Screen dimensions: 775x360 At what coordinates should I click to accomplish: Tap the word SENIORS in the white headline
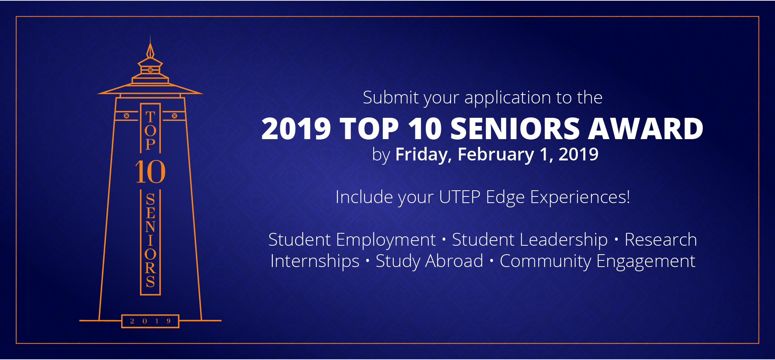[x=515, y=129]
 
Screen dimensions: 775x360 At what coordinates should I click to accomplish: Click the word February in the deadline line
[x=496, y=155]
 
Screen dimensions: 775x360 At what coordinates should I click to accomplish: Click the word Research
[x=661, y=239]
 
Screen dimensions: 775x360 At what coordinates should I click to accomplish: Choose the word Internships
[x=315, y=261]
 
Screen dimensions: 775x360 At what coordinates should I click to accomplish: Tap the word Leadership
[x=564, y=240]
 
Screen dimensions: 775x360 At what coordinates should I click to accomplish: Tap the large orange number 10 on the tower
[x=150, y=172]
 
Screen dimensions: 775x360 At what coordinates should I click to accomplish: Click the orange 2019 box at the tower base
[x=150, y=321]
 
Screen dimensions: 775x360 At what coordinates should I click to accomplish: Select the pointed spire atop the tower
[x=150, y=48]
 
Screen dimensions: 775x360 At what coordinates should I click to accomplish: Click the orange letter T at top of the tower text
[x=150, y=117]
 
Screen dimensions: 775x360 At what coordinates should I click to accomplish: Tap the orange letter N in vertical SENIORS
[x=150, y=227]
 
